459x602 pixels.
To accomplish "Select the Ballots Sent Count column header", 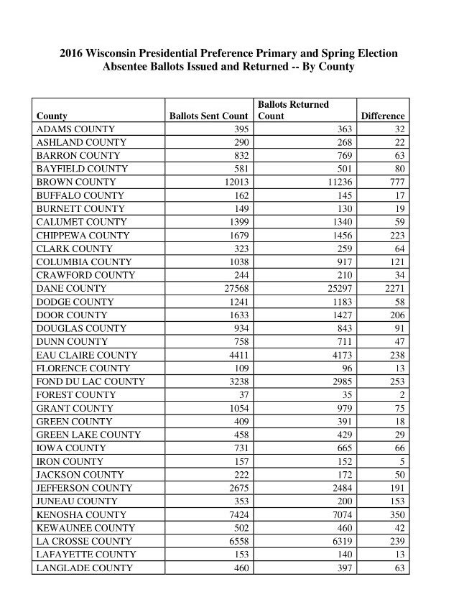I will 208,116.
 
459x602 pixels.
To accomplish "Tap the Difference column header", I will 383,116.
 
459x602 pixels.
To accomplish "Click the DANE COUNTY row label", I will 71,288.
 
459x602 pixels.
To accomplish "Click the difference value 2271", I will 393,288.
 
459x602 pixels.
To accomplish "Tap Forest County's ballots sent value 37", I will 242,394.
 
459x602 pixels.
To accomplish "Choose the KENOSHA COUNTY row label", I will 81,514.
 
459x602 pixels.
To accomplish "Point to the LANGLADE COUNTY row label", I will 85,568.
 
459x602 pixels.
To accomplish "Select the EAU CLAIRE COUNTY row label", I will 88,355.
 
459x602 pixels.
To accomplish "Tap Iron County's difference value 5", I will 402,461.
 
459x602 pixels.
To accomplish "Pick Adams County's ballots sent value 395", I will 241,129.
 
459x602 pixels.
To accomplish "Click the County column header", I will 52,116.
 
